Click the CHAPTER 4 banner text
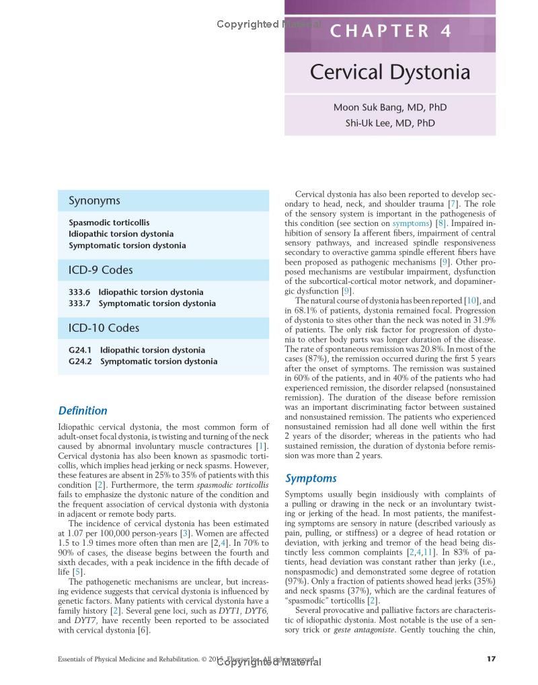(390, 32)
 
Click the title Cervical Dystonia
(390, 72)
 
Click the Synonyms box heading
(94, 201)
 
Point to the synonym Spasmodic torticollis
(109, 222)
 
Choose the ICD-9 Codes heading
(101, 270)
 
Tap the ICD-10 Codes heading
(104, 328)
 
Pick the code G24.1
(80, 350)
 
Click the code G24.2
(80, 361)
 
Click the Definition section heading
(83, 410)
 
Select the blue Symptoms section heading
(311, 478)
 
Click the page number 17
(490, 659)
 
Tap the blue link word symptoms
(410, 223)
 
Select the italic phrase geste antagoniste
(364, 630)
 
